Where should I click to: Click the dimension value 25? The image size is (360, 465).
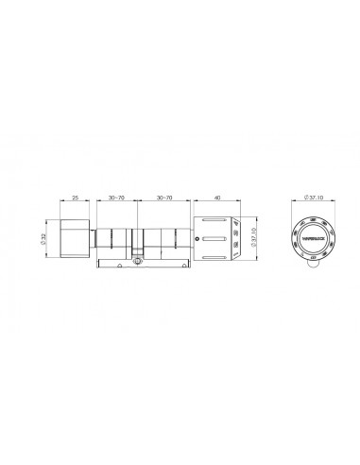(x=76, y=198)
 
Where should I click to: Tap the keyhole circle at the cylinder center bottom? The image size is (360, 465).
(x=138, y=254)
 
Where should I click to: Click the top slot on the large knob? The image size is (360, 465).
(x=215, y=225)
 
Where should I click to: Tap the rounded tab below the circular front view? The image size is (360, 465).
(x=310, y=267)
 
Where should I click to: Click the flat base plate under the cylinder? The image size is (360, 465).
(x=138, y=265)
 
